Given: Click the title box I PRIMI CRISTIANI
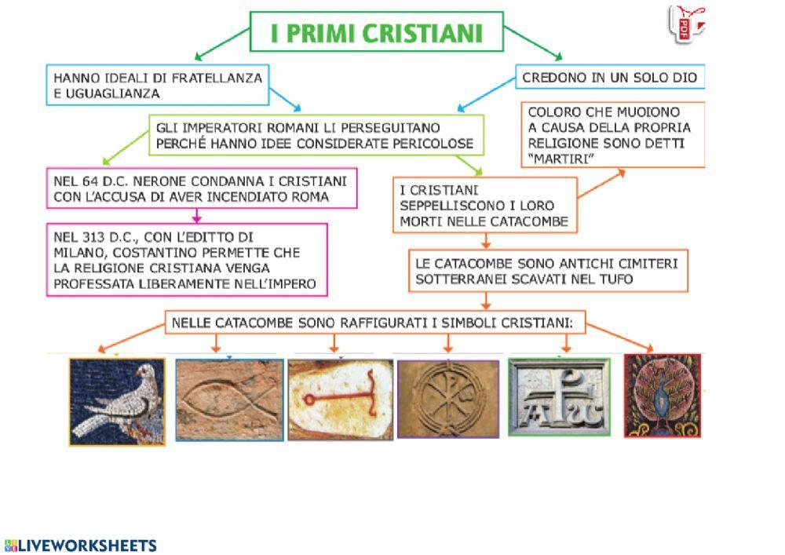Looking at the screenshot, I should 376,32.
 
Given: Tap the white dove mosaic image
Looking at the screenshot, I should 117,402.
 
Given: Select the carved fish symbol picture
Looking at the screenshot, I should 229,400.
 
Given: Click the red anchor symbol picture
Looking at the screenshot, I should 338,399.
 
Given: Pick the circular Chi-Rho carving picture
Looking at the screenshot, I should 448,398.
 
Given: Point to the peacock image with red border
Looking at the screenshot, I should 663,396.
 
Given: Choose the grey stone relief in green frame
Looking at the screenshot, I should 559,396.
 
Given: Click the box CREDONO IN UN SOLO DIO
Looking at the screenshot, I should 610,78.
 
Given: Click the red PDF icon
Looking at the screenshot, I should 683,24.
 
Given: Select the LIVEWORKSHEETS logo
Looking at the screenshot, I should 81,546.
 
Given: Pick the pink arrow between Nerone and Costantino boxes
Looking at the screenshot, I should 196,215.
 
